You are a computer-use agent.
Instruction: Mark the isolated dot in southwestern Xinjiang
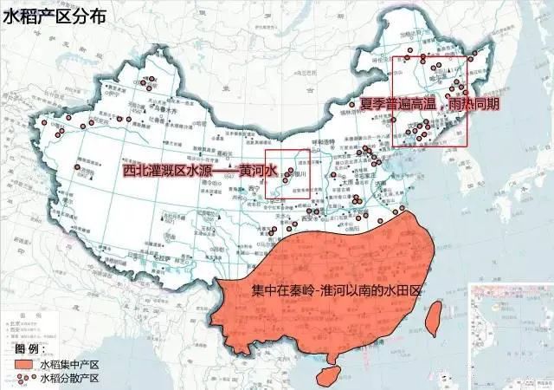[77, 167]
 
